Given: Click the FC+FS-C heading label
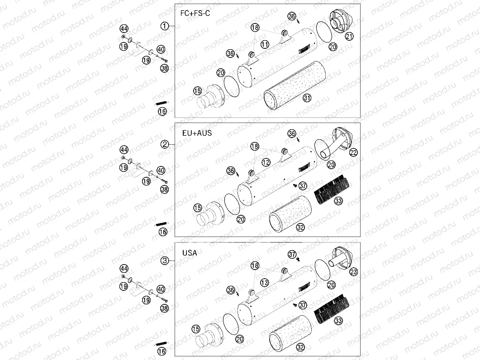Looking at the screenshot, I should point(195,14).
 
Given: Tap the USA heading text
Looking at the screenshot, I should point(189,253).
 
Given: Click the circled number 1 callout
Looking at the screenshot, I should point(165,26).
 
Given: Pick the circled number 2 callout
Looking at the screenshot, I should point(165,144).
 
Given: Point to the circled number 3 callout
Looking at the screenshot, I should point(165,261).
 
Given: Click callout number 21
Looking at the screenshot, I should point(348,36).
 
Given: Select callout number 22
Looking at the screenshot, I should point(354,152).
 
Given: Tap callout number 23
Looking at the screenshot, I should point(354,272).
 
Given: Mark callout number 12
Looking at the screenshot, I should point(266,162).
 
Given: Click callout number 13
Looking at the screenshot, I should point(265,283).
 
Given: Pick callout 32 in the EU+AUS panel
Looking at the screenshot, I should point(300,227).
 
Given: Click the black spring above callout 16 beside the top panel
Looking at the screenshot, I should point(162,104).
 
